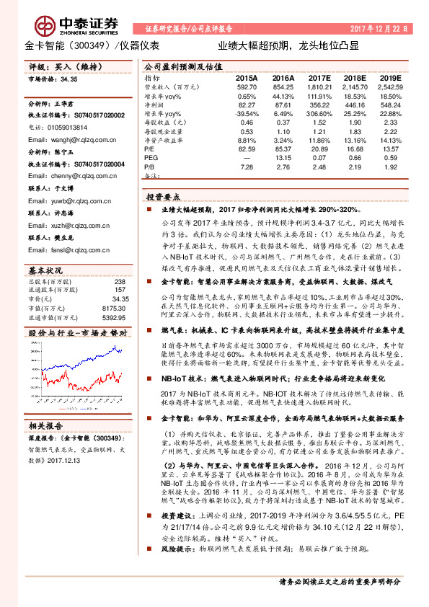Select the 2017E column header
pos(318,77)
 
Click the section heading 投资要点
pos(164,196)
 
